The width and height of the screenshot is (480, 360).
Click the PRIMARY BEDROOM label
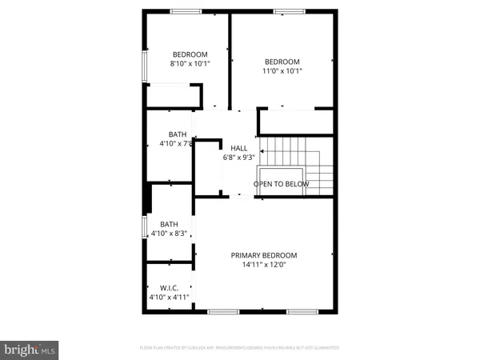click(264, 255)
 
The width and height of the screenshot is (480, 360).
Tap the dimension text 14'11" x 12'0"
click(264, 265)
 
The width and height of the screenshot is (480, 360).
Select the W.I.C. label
click(169, 288)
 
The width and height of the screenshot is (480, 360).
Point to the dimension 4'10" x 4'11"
click(169, 298)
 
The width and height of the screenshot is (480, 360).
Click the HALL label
click(238, 148)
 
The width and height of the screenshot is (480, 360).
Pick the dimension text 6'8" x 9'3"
click(238, 158)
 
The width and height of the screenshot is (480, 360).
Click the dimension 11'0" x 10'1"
click(282, 71)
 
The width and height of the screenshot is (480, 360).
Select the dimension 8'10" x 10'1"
click(190, 63)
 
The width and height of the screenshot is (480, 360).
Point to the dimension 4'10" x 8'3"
click(169, 234)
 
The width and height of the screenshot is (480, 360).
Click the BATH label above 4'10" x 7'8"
click(178, 134)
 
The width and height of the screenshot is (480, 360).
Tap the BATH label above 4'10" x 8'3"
click(169, 224)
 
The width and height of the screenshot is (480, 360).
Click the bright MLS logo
click(29, 350)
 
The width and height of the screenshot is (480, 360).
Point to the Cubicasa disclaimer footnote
click(239, 348)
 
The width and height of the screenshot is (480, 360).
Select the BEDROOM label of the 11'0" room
click(282, 62)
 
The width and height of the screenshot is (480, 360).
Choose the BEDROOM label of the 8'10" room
click(190, 54)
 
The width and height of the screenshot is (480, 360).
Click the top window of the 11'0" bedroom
click(284, 11)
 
